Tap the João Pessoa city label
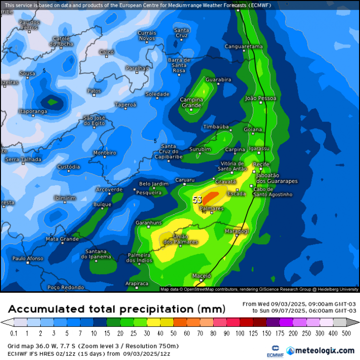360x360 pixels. point(261,98)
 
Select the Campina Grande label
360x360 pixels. point(191,102)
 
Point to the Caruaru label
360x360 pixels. point(185,180)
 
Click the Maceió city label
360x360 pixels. point(202,276)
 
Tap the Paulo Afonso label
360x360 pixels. point(27,259)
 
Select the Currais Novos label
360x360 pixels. point(147,36)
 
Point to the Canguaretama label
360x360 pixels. point(244,47)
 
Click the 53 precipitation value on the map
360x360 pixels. point(197,200)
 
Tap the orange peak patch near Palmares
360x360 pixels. point(211,196)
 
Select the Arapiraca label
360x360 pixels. point(137,284)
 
